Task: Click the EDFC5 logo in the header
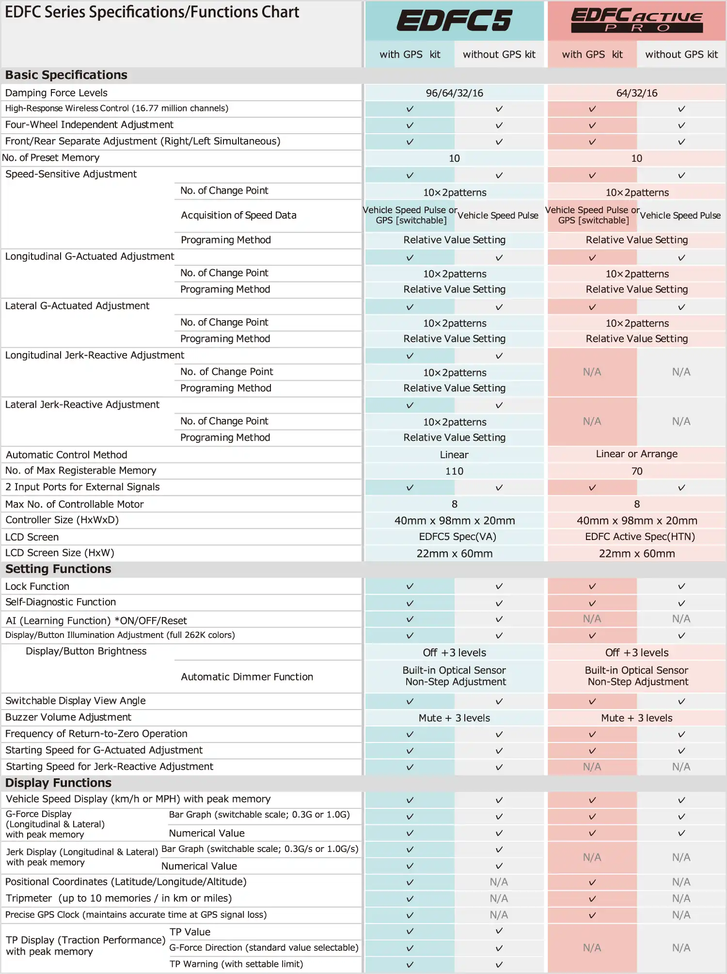454,20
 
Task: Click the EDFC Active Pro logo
636,20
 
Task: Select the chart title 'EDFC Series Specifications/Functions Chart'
152,12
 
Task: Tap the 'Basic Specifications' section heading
66,75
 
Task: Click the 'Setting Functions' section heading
58,569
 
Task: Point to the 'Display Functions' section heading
58,783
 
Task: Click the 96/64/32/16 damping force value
454,93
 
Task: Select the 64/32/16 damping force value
636,93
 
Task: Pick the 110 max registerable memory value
454,471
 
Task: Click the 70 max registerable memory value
636,471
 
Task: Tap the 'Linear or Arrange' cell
636,454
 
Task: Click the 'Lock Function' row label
37,587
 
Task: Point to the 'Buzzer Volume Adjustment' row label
68,717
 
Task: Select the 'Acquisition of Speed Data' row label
238,215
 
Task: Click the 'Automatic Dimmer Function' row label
247,677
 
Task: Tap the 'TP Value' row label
190,932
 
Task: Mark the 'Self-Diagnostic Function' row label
61,602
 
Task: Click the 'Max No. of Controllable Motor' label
74,504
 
